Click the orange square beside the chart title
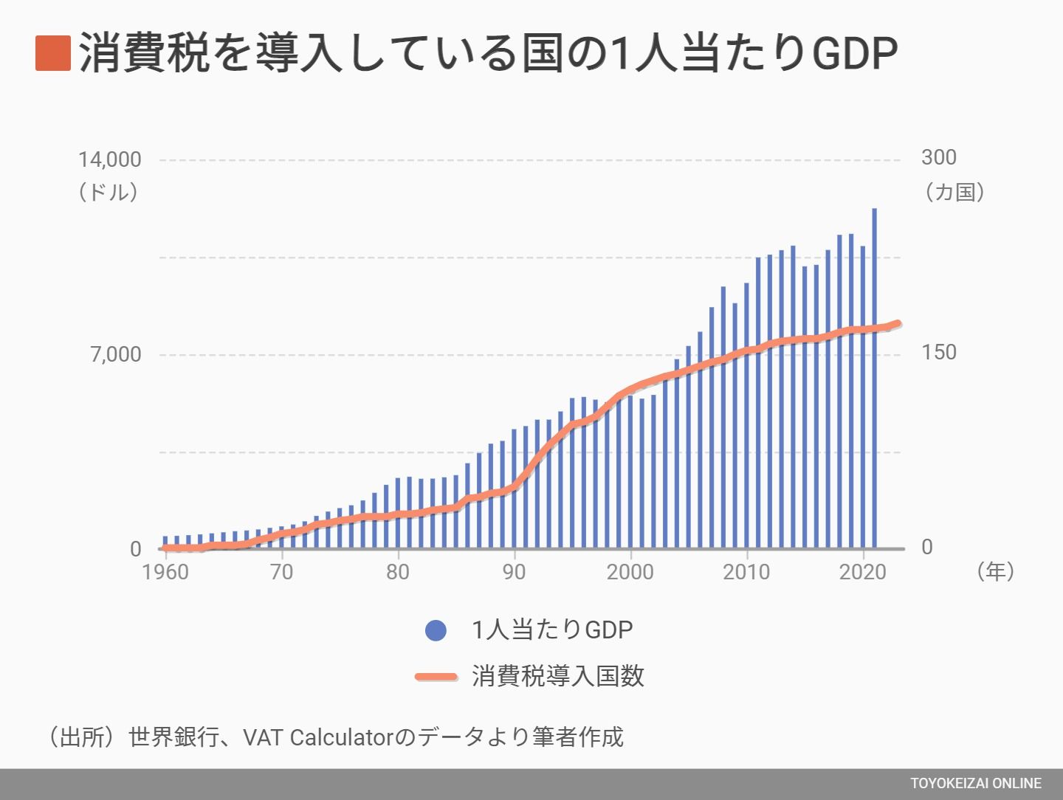53,53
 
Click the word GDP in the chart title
855,53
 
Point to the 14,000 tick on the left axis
110,159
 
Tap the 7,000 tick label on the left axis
116,355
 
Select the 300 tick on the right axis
938,158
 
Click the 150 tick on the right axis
938,353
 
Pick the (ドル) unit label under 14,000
109,192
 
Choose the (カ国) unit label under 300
954,192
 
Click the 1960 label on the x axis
165,573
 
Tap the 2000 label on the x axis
630,573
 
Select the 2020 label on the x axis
862,573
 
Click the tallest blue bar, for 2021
875,379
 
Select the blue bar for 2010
747,415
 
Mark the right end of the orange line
898,323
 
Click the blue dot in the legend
436,630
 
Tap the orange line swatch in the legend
436,677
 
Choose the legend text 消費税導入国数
558,676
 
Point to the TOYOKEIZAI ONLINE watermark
976,784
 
